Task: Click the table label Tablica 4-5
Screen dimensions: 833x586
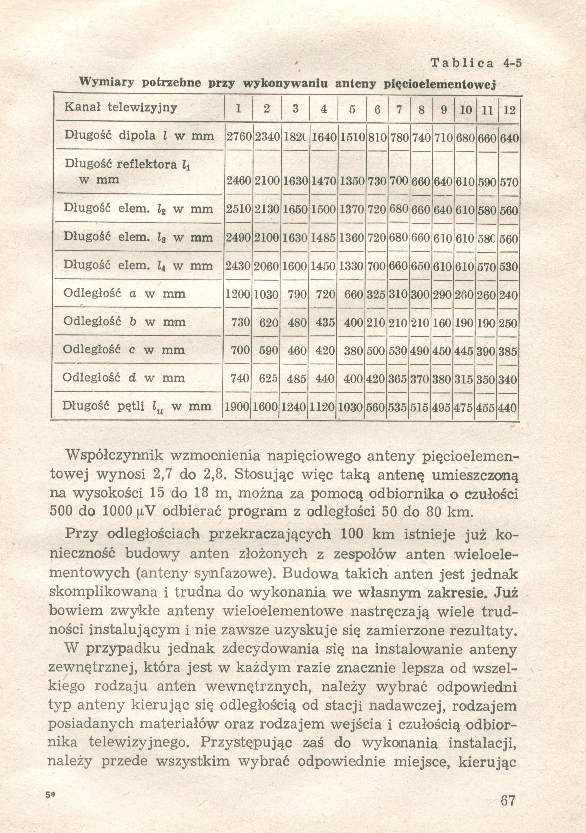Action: point(476,64)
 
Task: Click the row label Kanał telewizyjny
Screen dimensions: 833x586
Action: point(121,107)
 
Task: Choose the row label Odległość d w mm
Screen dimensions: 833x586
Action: point(124,378)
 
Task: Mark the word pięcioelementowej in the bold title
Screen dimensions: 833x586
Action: point(439,84)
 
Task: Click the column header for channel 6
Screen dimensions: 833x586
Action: point(377,110)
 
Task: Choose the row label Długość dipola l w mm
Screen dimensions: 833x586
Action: point(139,136)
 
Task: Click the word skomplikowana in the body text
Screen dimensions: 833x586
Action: point(103,592)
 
